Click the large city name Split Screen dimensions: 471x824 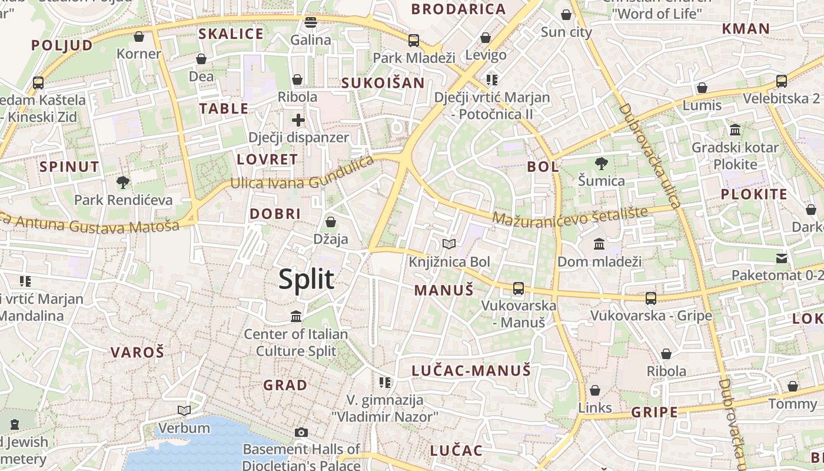click(x=306, y=279)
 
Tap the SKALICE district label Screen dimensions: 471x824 click(x=231, y=34)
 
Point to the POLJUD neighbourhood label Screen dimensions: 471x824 click(x=62, y=45)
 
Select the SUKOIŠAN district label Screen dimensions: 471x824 click(x=383, y=83)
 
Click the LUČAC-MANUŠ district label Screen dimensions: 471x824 click(x=471, y=370)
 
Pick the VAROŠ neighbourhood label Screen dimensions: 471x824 click(x=138, y=353)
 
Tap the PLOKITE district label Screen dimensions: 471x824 click(x=754, y=194)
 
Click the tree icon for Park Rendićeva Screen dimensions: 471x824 click(x=123, y=182)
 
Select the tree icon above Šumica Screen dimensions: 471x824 click(x=601, y=163)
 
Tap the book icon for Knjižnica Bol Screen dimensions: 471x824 click(x=449, y=244)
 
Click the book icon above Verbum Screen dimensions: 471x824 click(x=184, y=410)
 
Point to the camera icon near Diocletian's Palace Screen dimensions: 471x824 click(x=301, y=433)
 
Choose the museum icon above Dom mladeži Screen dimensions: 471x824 click(x=599, y=244)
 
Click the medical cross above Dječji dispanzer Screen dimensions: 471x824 click(x=298, y=120)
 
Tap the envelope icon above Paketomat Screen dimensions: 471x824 click(x=781, y=258)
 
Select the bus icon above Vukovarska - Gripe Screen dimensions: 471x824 click(x=651, y=298)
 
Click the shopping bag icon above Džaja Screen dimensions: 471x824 click(x=331, y=222)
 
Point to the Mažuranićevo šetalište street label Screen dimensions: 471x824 click(x=570, y=216)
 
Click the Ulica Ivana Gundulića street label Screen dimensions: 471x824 click(x=302, y=174)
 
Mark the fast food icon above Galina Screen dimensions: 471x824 click(x=311, y=22)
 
